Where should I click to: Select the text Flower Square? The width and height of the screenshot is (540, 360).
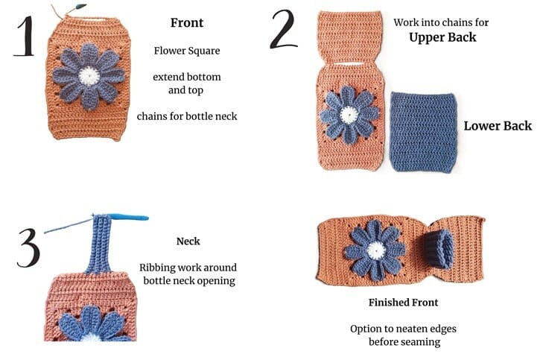pos(187,51)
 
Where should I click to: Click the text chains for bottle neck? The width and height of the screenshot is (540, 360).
pos(187,116)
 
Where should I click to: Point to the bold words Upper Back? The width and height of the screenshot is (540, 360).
pos(442,37)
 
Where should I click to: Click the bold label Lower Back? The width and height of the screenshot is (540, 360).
pos(497,125)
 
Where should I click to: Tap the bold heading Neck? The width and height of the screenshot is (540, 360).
pos(187,241)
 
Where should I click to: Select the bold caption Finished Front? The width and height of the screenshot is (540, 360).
pos(403,303)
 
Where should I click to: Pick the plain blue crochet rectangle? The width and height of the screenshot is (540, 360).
pos(422,131)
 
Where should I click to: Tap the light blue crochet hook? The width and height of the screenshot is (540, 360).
pos(127,218)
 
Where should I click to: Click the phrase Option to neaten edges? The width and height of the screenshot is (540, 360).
pos(403,328)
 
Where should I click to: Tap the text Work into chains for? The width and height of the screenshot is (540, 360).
pos(441,22)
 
